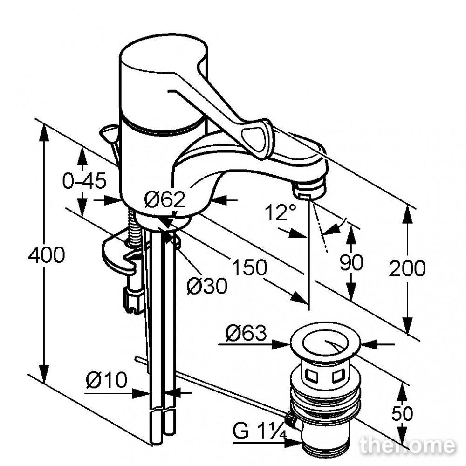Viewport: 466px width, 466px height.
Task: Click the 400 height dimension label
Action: (47, 255)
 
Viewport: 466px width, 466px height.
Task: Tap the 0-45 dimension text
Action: (84, 181)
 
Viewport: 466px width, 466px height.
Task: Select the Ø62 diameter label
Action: (164, 199)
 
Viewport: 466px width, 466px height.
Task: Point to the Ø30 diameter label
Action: (207, 286)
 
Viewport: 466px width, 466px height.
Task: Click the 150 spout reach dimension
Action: (249, 267)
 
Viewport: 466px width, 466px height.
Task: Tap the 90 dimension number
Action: (351, 262)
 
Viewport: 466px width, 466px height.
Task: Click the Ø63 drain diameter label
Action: (246, 333)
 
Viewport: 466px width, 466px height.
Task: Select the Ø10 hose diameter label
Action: (106, 380)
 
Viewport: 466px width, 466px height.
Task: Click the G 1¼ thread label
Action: (260, 431)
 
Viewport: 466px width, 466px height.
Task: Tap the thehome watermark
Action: (407, 445)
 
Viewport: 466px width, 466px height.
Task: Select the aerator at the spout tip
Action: (310, 189)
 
